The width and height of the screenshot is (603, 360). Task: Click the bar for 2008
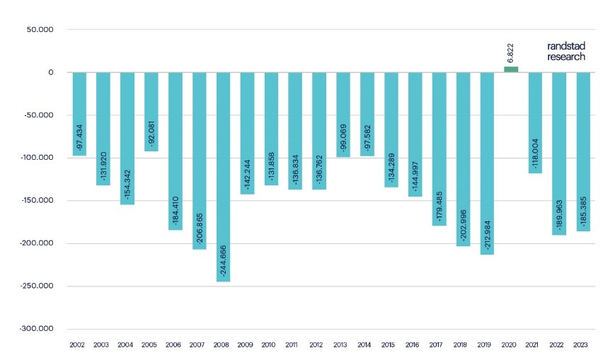coord(223,177)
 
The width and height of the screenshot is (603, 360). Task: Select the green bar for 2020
coord(510,69)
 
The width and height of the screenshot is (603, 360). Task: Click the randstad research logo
coord(566,51)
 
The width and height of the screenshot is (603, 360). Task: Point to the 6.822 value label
coord(511,53)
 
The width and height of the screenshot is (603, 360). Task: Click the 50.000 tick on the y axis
coord(42,30)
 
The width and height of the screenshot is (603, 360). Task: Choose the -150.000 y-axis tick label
coord(38,201)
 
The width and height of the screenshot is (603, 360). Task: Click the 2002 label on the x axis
coord(78,344)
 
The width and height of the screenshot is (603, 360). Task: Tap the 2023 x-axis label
coord(582,344)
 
